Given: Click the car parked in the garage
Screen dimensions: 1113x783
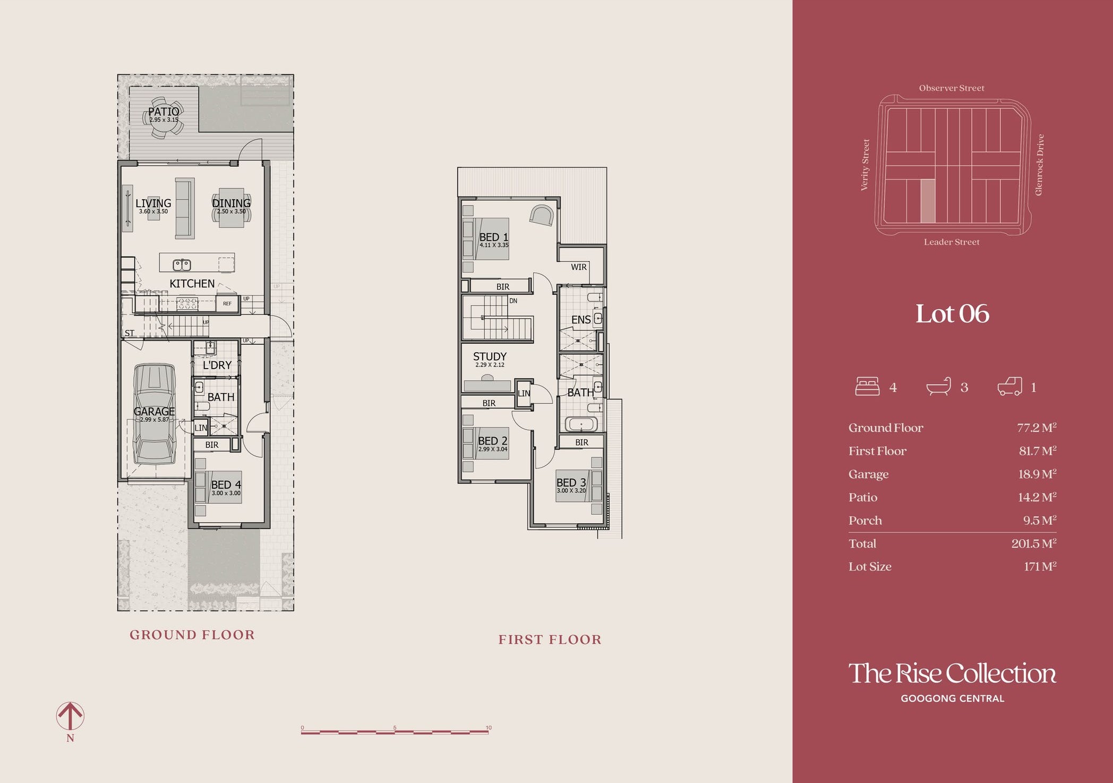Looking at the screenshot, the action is (155, 414).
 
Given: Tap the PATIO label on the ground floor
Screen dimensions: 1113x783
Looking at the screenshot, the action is (164, 112).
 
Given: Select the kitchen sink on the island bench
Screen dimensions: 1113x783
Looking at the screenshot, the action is (182, 264).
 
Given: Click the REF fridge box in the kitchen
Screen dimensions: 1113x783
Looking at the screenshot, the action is (227, 303).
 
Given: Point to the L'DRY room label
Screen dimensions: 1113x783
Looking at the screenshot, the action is (217, 365).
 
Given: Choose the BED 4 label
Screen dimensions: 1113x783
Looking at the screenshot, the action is (226, 484).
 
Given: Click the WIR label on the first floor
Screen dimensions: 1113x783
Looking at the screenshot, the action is (579, 267).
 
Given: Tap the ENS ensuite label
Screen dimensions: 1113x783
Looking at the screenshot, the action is (581, 320).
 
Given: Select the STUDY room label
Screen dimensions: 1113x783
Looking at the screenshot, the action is (490, 356).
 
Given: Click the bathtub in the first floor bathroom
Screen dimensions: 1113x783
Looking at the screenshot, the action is (581, 424).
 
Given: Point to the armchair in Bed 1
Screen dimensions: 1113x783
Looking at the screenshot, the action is (542, 215).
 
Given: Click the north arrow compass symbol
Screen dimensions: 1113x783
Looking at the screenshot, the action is (70, 716).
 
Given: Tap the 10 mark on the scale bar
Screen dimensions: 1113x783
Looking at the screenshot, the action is (489, 728).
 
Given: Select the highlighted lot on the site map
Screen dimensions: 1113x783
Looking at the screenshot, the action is (928, 201).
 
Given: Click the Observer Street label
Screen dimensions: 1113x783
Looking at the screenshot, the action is (952, 88).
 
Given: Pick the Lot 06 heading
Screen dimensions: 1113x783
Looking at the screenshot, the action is (952, 313).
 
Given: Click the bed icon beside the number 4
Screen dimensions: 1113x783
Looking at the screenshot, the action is (867, 386).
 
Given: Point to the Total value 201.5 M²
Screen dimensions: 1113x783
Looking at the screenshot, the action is (1034, 543).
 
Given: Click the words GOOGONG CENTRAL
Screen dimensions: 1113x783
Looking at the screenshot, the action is (953, 699).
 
